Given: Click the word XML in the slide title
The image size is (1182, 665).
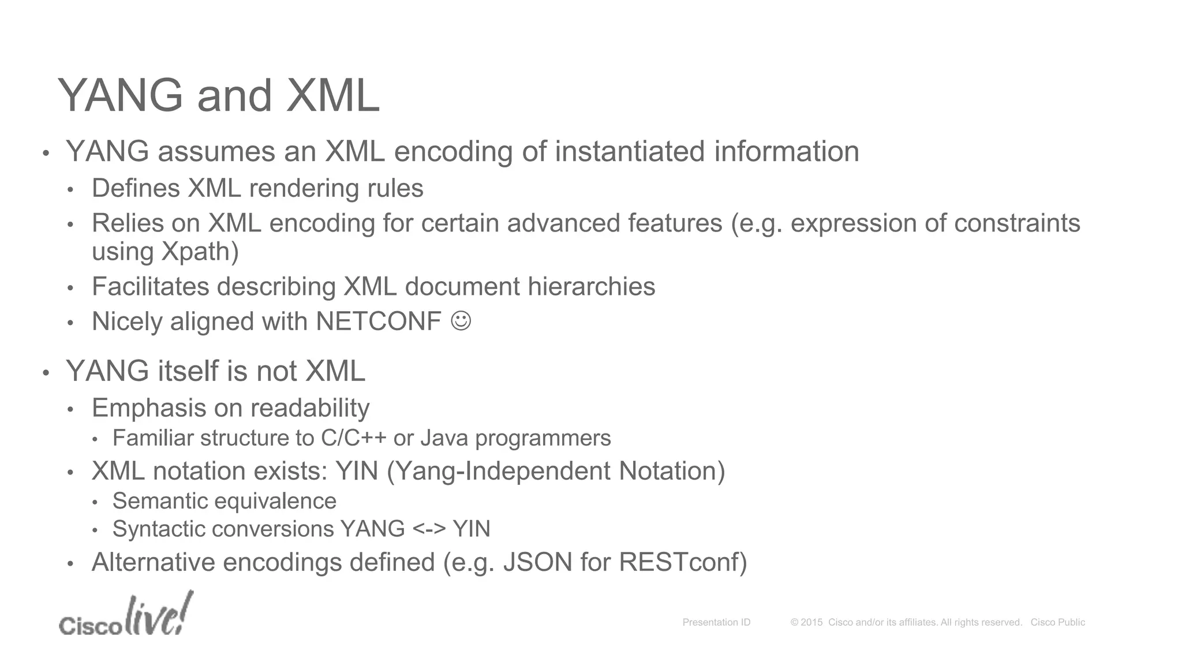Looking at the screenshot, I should (x=332, y=96).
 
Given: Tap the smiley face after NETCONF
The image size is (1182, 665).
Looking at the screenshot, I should (x=461, y=320).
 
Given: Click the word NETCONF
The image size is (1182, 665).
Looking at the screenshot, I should (x=379, y=322).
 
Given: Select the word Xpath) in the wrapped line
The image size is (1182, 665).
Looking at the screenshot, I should (x=200, y=252).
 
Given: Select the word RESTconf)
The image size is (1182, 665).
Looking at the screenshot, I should (x=683, y=562).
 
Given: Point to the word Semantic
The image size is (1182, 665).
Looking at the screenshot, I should (x=152, y=501).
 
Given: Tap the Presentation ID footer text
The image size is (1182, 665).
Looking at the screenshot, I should (x=716, y=622).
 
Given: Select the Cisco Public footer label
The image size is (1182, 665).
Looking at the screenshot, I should (x=1057, y=622).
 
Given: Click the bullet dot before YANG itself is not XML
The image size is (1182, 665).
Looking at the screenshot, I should (x=46, y=373).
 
